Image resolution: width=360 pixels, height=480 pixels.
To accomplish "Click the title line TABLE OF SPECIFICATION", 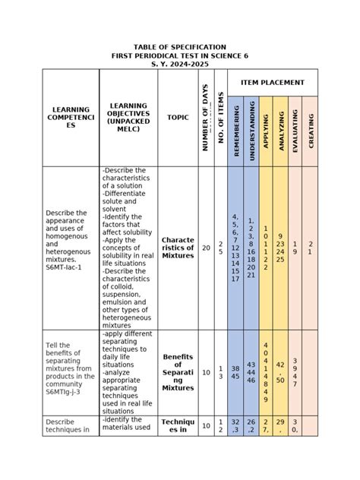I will pos(180,47).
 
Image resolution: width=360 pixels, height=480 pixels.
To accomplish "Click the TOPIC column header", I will pos(178,118).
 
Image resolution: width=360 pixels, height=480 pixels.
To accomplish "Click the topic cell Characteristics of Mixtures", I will pos(178,248).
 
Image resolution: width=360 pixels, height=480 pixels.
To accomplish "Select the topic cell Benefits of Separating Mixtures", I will pos(178,371).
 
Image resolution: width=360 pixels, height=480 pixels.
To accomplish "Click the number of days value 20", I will pos(206,248).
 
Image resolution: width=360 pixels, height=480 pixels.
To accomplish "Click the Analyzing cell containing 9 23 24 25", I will pos(280,248).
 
